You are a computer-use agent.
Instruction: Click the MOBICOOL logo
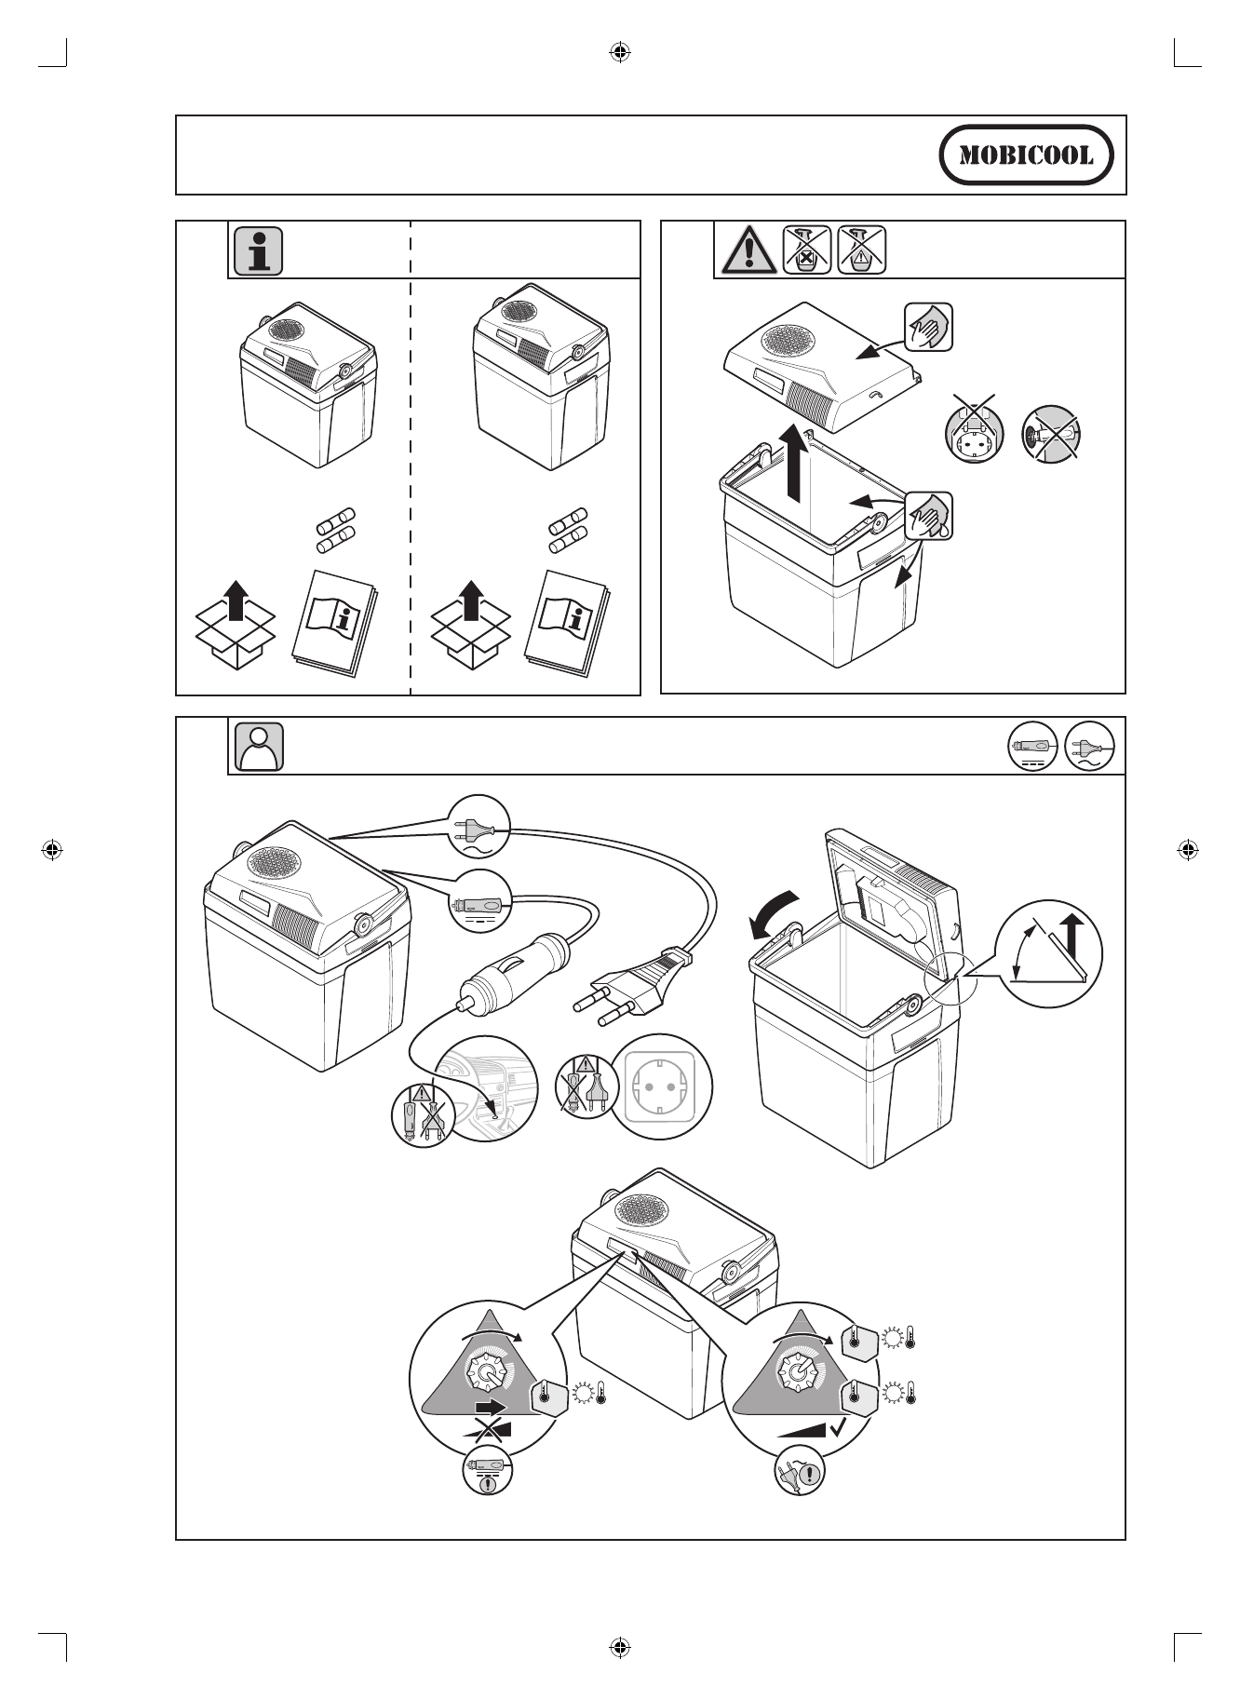[1026, 155]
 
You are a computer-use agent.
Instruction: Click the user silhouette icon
[261, 747]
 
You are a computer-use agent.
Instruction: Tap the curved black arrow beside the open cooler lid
[774, 914]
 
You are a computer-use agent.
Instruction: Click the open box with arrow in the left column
[236, 624]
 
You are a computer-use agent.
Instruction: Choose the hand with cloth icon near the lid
[928, 327]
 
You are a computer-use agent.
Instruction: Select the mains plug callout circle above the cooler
[479, 825]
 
